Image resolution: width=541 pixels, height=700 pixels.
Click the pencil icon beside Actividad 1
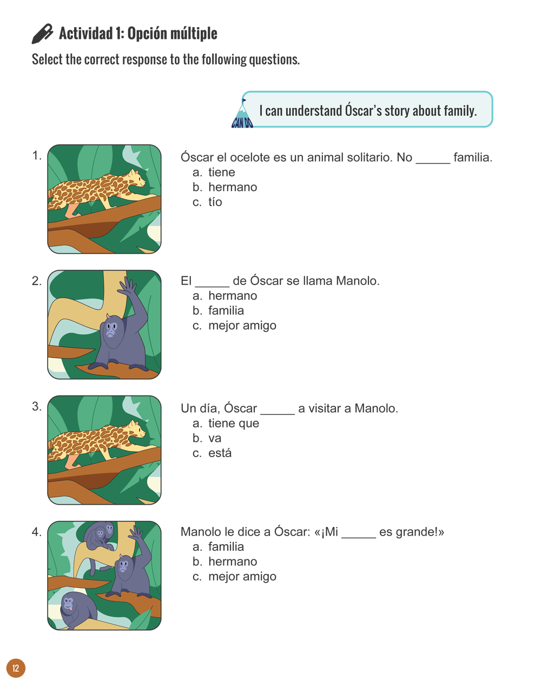(42, 34)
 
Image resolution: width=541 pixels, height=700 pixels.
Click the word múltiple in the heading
(194, 34)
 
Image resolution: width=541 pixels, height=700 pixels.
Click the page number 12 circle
(16, 668)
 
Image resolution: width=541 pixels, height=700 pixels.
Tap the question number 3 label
(36, 407)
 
